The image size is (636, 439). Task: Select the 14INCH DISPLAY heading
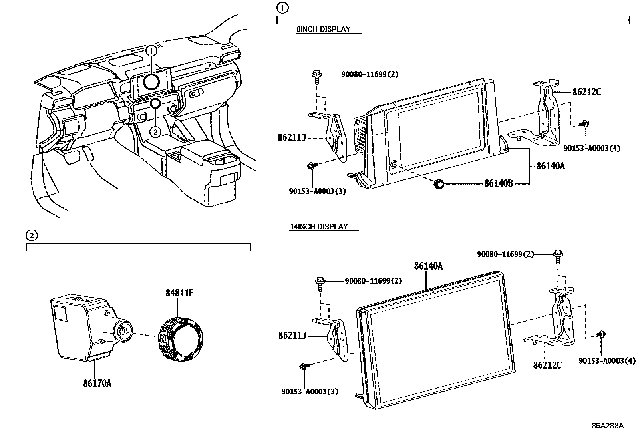pos(318,227)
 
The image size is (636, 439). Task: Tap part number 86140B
pos(498,184)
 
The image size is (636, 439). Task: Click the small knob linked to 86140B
pos(439,184)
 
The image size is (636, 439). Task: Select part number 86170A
pos(97,383)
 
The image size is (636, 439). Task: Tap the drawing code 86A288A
pos(607,425)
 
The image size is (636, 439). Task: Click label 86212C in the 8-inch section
pos(586,92)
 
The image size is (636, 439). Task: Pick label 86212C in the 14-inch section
pos(547,365)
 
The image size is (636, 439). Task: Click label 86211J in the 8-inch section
pos(292,138)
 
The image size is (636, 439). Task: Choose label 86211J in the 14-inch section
pos(292,336)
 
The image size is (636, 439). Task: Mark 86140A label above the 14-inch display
pos(428,266)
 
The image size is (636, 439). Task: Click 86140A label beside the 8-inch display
pos(550,166)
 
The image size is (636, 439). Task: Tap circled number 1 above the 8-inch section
pos(282,8)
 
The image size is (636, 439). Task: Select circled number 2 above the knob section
pos(32,236)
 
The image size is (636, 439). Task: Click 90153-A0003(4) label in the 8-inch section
pos(592,148)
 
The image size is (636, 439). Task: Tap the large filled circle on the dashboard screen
pos(152,81)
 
